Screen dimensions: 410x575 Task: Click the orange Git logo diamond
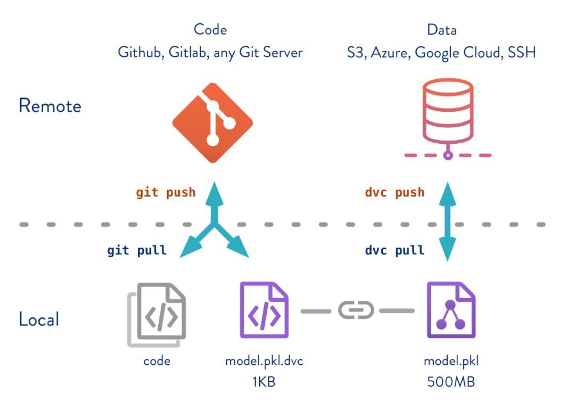[212, 123]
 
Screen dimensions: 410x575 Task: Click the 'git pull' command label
[137, 250]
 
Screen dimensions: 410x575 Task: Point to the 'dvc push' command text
[395, 192]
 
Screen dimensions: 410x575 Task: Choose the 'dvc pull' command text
[395, 250]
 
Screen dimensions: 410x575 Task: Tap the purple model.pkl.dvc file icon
[264, 310]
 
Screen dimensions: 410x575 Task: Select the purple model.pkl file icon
[451, 310]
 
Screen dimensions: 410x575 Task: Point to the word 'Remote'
[50, 106]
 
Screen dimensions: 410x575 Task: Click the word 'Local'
[39, 319]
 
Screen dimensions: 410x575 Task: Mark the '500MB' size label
[451, 382]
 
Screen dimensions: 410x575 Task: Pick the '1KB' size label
[264, 382]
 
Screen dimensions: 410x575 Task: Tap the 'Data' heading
[442, 29]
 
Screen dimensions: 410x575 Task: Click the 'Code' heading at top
[210, 29]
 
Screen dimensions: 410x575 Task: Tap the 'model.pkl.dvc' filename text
[264, 361]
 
